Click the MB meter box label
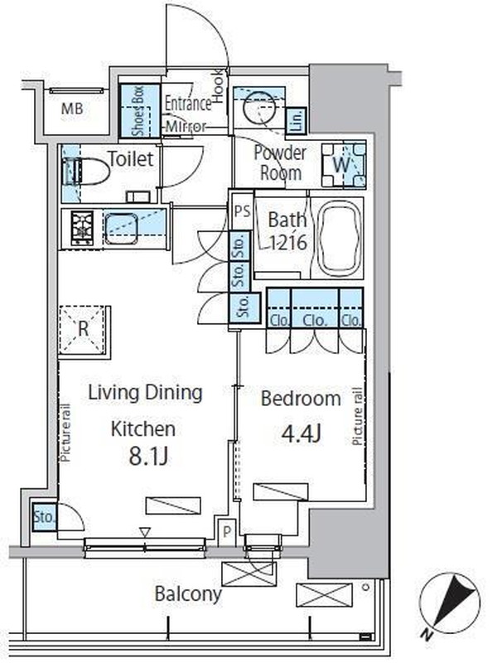[72, 109]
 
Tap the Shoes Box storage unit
[140, 111]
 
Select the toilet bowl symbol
[86, 172]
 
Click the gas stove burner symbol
[82, 229]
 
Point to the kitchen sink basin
[121, 229]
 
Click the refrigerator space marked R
[83, 329]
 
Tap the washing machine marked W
[343, 165]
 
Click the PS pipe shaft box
[242, 211]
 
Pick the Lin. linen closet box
[296, 120]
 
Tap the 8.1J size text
[148, 457]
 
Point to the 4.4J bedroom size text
[302, 433]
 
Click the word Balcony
[188, 593]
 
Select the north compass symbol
[449, 605]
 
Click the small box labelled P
[227, 532]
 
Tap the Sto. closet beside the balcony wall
[44, 516]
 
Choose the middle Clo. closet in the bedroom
[315, 307]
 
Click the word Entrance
[188, 104]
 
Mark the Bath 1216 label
[287, 230]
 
